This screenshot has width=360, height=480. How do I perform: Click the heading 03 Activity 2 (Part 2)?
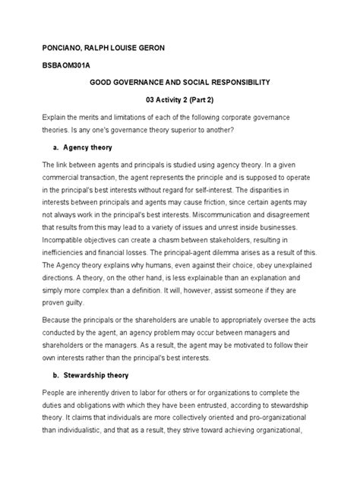click(180, 99)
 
